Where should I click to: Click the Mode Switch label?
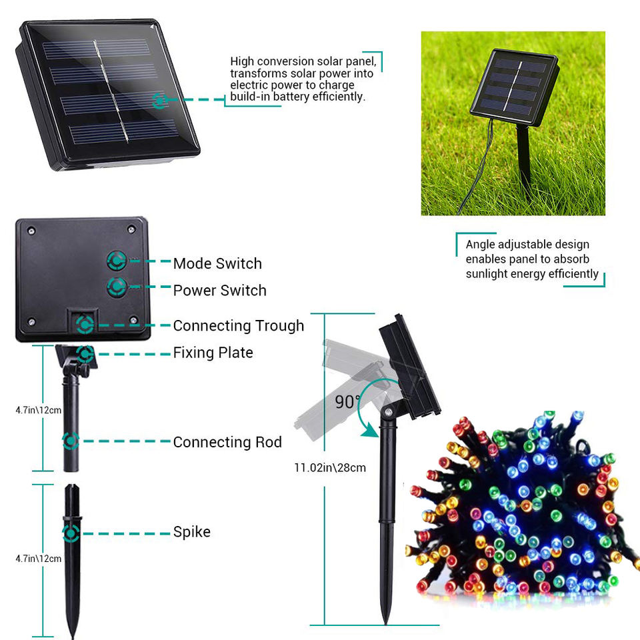[x=217, y=263]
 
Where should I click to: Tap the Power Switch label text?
[x=219, y=291]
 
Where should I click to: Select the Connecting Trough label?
[x=238, y=326]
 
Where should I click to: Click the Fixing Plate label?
[x=213, y=353]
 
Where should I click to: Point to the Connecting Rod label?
[x=227, y=442]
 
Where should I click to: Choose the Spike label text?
[x=191, y=532]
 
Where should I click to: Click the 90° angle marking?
[x=344, y=403]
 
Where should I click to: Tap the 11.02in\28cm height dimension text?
[x=330, y=467]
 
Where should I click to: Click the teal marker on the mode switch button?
[x=117, y=260]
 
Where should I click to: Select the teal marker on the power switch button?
[x=117, y=287]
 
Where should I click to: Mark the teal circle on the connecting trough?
[x=85, y=325]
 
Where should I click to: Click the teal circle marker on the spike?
[x=71, y=533]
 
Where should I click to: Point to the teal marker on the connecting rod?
[x=71, y=441]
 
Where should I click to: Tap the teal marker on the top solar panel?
[x=160, y=101]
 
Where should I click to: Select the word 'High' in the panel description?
[x=243, y=61]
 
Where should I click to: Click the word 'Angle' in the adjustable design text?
[x=480, y=245]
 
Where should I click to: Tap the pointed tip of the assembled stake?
[x=385, y=621]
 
